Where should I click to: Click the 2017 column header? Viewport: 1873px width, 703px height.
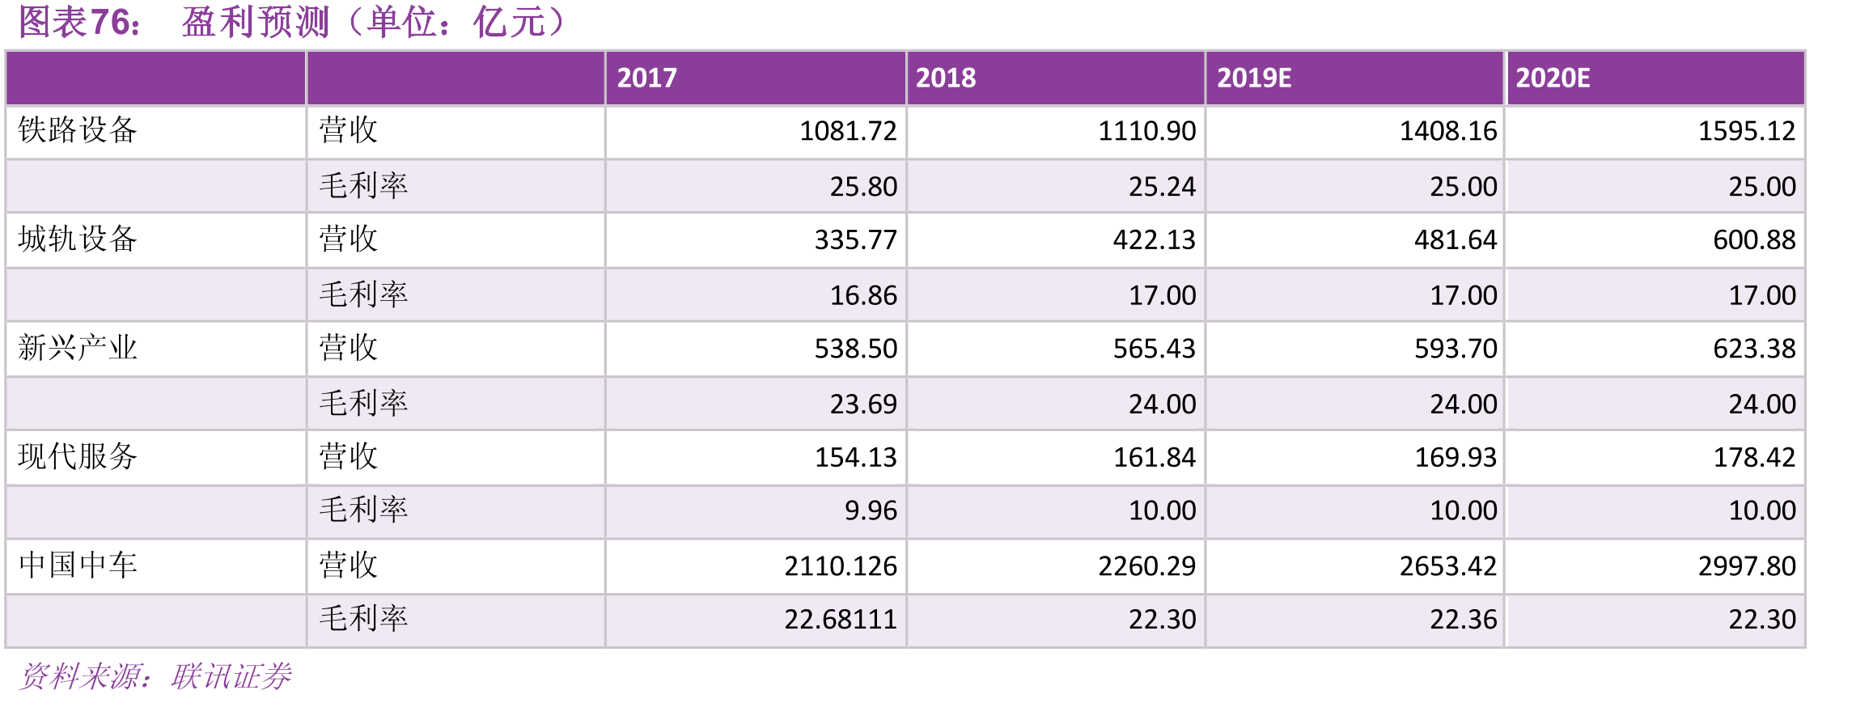click(646, 78)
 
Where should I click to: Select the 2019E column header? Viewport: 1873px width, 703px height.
click(1254, 78)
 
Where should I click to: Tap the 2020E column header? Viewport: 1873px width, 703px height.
click(1553, 78)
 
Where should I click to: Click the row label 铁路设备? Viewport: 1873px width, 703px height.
click(78, 129)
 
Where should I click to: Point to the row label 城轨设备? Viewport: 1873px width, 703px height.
click(78, 239)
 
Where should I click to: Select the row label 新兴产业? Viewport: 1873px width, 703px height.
click(78, 348)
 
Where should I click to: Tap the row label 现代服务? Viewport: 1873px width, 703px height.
click(78, 456)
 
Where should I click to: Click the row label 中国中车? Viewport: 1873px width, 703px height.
click(78, 565)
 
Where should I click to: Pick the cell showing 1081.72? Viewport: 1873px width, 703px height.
click(848, 131)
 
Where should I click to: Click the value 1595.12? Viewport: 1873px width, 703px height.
click(1747, 131)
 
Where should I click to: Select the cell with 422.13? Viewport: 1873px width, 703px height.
click(1155, 240)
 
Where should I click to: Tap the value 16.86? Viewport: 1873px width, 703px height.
click(863, 295)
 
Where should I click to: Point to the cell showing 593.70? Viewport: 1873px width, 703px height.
click(1456, 349)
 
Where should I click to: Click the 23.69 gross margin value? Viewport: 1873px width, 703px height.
click(863, 404)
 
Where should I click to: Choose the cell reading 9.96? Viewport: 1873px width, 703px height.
click(871, 510)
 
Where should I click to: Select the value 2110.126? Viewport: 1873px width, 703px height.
click(841, 566)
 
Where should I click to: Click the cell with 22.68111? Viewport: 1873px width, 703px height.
click(841, 620)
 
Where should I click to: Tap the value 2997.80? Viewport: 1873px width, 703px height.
click(1747, 566)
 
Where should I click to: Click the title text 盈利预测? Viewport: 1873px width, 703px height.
click(256, 22)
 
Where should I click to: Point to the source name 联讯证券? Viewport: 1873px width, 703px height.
click(231, 676)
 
